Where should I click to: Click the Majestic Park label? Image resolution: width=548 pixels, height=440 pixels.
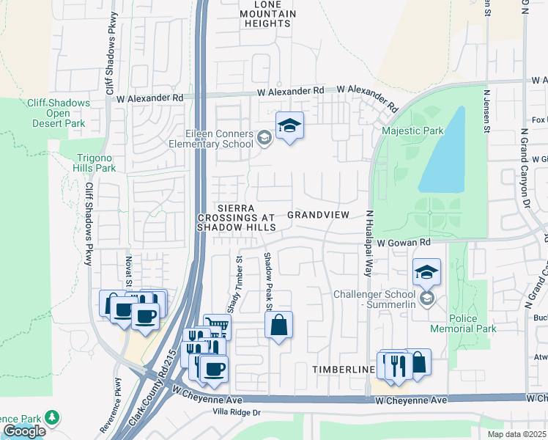[x=412, y=131]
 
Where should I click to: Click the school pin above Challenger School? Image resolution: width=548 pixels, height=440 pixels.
[x=426, y=273]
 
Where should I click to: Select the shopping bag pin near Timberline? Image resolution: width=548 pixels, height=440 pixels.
[x=418, y=362]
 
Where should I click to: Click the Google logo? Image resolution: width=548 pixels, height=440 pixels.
[x=24, y=431]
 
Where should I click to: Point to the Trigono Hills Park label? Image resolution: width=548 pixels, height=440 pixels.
[x=95, y=163]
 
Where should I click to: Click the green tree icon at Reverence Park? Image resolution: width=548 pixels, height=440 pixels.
[x=52, y=417]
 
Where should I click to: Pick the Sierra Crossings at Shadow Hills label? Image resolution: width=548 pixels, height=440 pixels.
[x=235, y=218]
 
